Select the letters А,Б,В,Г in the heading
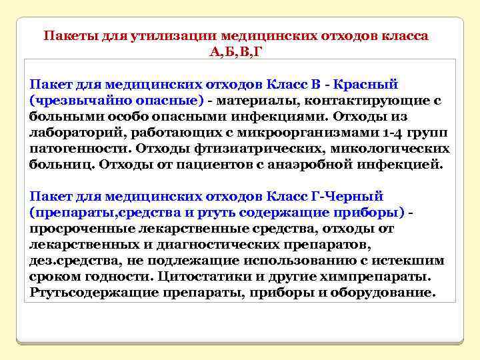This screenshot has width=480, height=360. click(x=236, y=52)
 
